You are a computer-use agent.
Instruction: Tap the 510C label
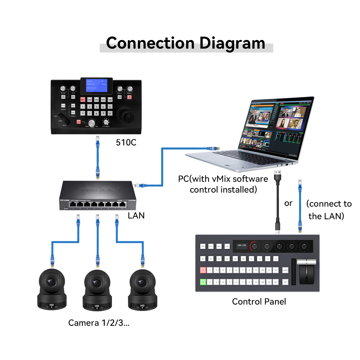126,143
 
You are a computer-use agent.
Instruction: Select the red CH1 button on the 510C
83,99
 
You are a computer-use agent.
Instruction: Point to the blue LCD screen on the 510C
97,85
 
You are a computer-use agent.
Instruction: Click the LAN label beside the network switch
136,216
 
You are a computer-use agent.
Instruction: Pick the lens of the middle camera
96,283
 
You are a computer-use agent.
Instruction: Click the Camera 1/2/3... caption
99,323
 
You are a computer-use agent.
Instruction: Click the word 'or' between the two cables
288,203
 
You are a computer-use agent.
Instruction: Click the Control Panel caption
259,301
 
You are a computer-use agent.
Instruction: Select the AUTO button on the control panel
285,270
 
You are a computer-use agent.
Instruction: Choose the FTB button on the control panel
203,247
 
